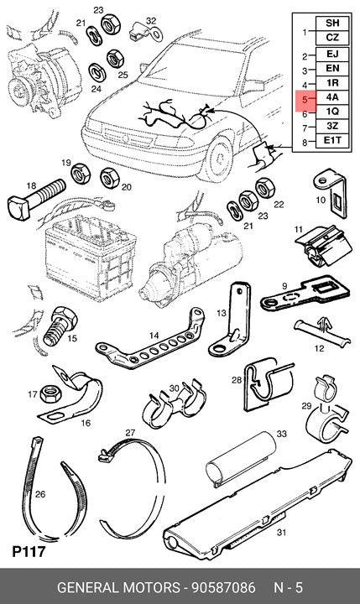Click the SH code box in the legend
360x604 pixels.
coord(332,23)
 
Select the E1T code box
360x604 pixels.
coord(332,140)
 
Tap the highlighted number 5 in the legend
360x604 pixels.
coord(305,100)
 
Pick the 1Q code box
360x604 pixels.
coord(332,112)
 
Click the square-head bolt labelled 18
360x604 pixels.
coord(36,199)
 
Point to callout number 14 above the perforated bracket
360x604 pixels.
coord(154,336)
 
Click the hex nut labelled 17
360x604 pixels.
coord(51,393)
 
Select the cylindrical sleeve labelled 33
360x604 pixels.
coord(241,457)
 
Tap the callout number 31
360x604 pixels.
coord(282,533)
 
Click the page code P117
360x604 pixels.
coord(29,552)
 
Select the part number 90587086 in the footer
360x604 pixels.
coord(224,587)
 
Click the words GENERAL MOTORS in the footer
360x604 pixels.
coord(118,587)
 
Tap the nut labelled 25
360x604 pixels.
coord(115,59)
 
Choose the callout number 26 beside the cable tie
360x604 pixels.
coord(40,494)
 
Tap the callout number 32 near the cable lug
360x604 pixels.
coord(151,20)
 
